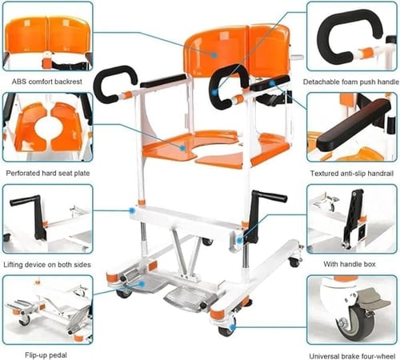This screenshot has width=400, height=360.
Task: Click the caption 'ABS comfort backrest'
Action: point(47,82)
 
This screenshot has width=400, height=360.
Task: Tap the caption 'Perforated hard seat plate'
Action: point(48,174)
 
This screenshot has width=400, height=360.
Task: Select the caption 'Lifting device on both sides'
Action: point(47,265)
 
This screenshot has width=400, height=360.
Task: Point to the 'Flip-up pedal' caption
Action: point(46,355)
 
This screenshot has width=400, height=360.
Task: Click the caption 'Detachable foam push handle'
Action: point(351,82)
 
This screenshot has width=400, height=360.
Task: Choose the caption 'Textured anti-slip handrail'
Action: point(352,174)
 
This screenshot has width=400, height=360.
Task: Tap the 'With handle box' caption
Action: point(350,264)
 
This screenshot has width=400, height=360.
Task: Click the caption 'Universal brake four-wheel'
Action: point(352,356)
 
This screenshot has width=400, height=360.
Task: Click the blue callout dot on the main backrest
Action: point(214,55)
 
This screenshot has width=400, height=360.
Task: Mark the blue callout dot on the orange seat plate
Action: point(182,148)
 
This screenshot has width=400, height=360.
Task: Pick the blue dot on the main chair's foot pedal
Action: point(142,284)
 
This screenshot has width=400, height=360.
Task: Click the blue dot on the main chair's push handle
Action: point(214,93)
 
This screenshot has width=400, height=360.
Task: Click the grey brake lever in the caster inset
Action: point(374,300)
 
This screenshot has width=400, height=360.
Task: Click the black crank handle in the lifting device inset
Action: point(32,214)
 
